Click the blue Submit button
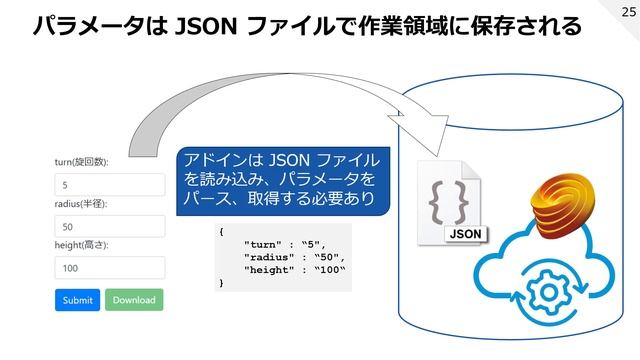77,299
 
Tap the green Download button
133,299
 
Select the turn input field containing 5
109,185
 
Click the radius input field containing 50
109,227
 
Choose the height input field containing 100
109,268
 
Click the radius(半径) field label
81,204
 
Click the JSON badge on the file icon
465,233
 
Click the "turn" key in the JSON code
262,243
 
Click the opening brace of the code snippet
221,230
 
